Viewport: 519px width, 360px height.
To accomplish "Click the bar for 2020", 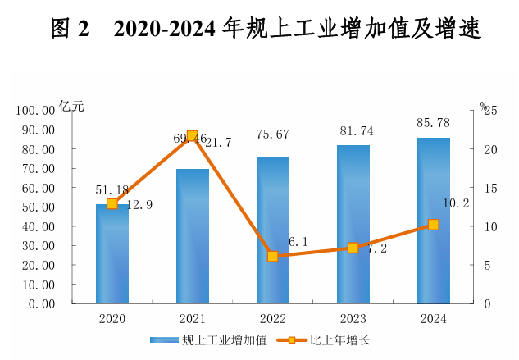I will point(112,254).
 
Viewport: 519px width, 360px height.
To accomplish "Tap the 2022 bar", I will point(272,230).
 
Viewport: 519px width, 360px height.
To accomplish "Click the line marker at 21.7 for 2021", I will point(192,136).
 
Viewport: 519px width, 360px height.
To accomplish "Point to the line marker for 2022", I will point(272,256).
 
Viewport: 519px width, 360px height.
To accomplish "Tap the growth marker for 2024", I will point(433,225).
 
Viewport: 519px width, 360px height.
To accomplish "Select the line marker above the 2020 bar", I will point(112,203).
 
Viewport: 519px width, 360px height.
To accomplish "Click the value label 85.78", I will point(433,125).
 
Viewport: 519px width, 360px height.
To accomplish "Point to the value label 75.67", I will point(272,134).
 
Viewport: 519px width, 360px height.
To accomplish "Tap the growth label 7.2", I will point(376,248).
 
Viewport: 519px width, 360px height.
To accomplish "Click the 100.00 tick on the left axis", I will point(36,110).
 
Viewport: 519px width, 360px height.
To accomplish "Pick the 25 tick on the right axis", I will point(489,111).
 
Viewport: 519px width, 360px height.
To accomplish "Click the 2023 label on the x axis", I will point(353,319).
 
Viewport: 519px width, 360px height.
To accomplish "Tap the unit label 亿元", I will point(71,106).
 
